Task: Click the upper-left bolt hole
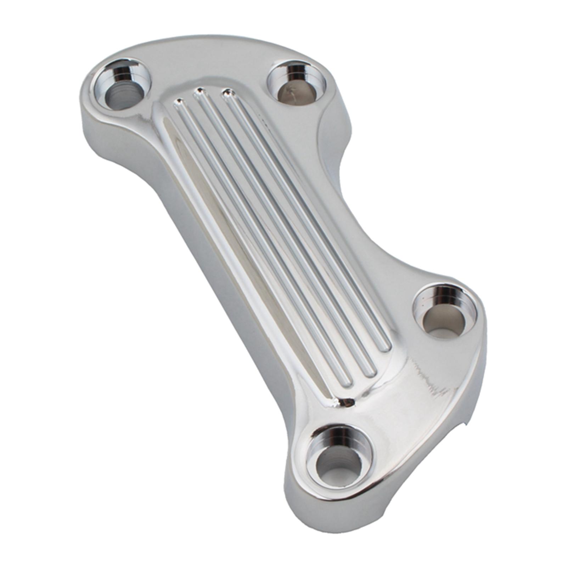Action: point(120,85)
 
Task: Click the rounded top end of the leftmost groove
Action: point(179,103)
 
